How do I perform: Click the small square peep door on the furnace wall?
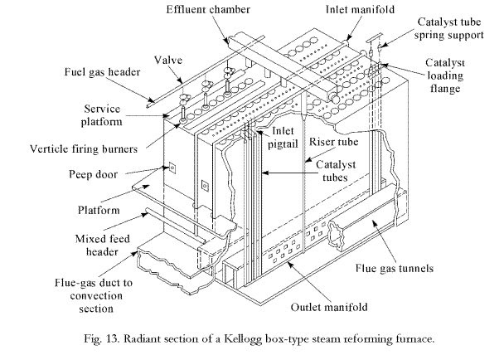coord(172,168)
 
